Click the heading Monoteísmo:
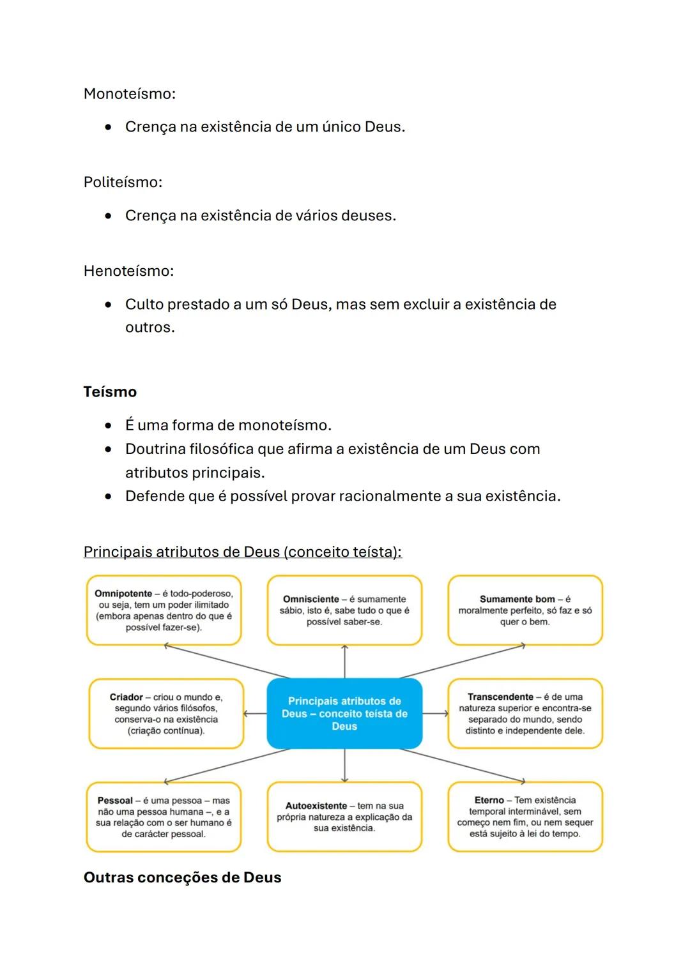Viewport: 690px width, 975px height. point(129,94)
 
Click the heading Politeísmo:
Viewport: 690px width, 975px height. point(123,183)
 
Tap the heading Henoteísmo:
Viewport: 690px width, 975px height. point(128,271)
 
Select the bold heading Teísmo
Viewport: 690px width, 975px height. point(110,392)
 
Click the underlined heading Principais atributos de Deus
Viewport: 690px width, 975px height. point(242,552)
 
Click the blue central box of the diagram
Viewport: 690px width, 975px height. point(344,714)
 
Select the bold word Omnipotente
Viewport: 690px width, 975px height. point(123,594)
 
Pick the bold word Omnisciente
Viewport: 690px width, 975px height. point(311,600)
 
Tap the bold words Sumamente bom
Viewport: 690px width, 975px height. point(517,600)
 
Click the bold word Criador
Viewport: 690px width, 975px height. point(126,697)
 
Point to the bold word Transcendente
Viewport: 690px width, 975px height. point(500,697)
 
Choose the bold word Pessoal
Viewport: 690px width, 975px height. point(115,801)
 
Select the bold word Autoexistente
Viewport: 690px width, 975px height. point(316,806)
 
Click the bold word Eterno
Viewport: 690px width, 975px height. point(489,801)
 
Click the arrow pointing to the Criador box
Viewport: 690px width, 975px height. point(255,714)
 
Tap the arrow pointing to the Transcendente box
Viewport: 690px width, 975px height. point(436,714)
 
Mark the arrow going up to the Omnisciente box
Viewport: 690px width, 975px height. point(344,661)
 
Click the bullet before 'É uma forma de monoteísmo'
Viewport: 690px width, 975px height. point(109,426)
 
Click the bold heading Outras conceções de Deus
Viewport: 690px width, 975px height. point(182,878)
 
